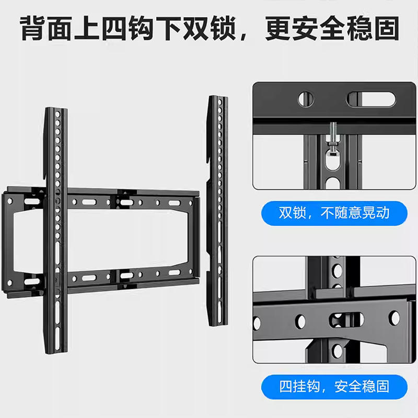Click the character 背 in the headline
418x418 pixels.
pyautogui.click(x=32, y=28)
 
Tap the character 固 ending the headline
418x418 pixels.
pyautogui.click(x=387, y=28)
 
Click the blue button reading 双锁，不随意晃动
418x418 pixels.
pyautogui.click(x=334, y=213)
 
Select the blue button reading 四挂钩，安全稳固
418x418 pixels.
pyautogui.click(x=334, y=387)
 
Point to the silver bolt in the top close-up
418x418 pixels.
pyautogui.click(x=333, y=138)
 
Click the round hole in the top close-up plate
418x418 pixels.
pyautogui.click(x=306, y=99)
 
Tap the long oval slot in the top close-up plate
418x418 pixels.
pyautogui.click(x=371, y=99)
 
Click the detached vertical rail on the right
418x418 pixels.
pyautogui.click(x=217, y=211)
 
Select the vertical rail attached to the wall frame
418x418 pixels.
pyautogui.click(x=56, y=230)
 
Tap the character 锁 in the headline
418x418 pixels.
pyautogui.click(x=224, y=28)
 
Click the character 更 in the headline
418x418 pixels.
pyautogui.click(x=277, y=28)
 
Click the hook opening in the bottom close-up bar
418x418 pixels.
pyautogui.click(x=346, y=319)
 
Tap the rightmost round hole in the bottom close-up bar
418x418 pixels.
pyautogui.click(x=394, y=318)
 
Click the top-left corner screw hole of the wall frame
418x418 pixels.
pyautogui.click(x=10, y=201)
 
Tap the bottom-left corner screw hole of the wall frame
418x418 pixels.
pyautogui.click(x=10, y=283)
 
